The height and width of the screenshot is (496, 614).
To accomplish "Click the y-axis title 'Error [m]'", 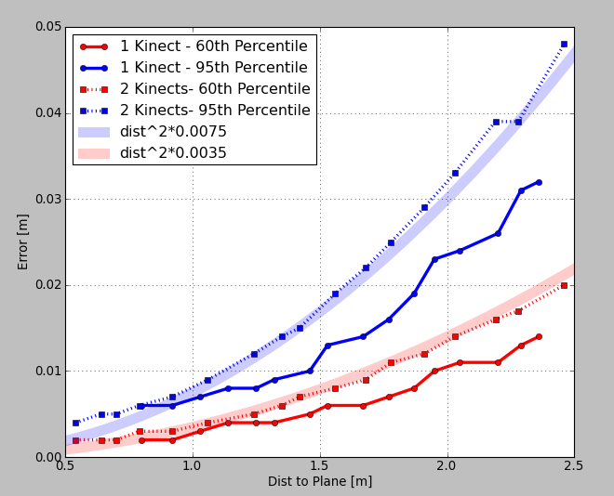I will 23,242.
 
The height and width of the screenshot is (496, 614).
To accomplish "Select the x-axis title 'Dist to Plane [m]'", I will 320,481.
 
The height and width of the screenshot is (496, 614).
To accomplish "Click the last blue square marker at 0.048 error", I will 564,44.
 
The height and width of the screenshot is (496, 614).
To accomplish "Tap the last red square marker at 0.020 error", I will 564,285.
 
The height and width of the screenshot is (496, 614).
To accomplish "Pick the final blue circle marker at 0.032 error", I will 539,182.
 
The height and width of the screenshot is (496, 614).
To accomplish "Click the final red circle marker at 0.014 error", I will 539,336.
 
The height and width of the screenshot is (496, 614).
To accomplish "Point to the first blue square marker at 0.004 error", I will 75,423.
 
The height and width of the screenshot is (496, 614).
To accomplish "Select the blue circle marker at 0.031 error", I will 521,190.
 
